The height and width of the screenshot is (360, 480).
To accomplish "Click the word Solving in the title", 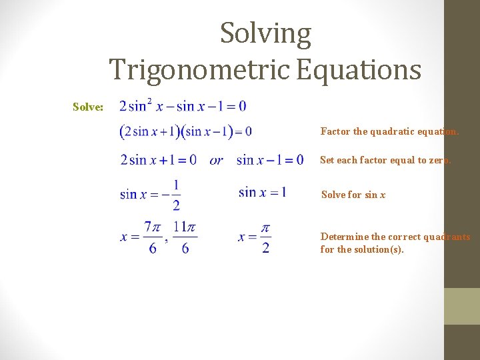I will tap(265, 34).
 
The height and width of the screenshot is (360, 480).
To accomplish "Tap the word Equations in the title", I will tap(359, 69).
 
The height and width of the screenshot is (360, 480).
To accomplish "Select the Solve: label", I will tap(88, 107).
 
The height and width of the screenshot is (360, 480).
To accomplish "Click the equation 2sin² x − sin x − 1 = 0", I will tap(182, 105).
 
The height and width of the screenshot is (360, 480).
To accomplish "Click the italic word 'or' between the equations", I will tap(216, 160).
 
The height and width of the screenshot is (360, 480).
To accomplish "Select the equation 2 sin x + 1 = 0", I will tap(158, 160).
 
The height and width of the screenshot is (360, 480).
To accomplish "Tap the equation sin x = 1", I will tap(262, 192).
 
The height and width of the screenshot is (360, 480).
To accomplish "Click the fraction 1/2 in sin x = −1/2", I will tap(176, 194).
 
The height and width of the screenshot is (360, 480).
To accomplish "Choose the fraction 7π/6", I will tap(153, 237).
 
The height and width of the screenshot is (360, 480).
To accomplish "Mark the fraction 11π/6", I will tap(185, 237).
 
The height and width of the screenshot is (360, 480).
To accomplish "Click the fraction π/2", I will tap(265, 237).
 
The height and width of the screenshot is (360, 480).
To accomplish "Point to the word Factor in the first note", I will tap(335, 131).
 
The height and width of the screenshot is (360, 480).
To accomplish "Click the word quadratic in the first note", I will tap(388, 131).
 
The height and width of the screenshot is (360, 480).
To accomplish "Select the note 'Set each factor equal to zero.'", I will tap(385, 160).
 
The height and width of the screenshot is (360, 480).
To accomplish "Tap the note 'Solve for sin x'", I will tap(353, 195).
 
